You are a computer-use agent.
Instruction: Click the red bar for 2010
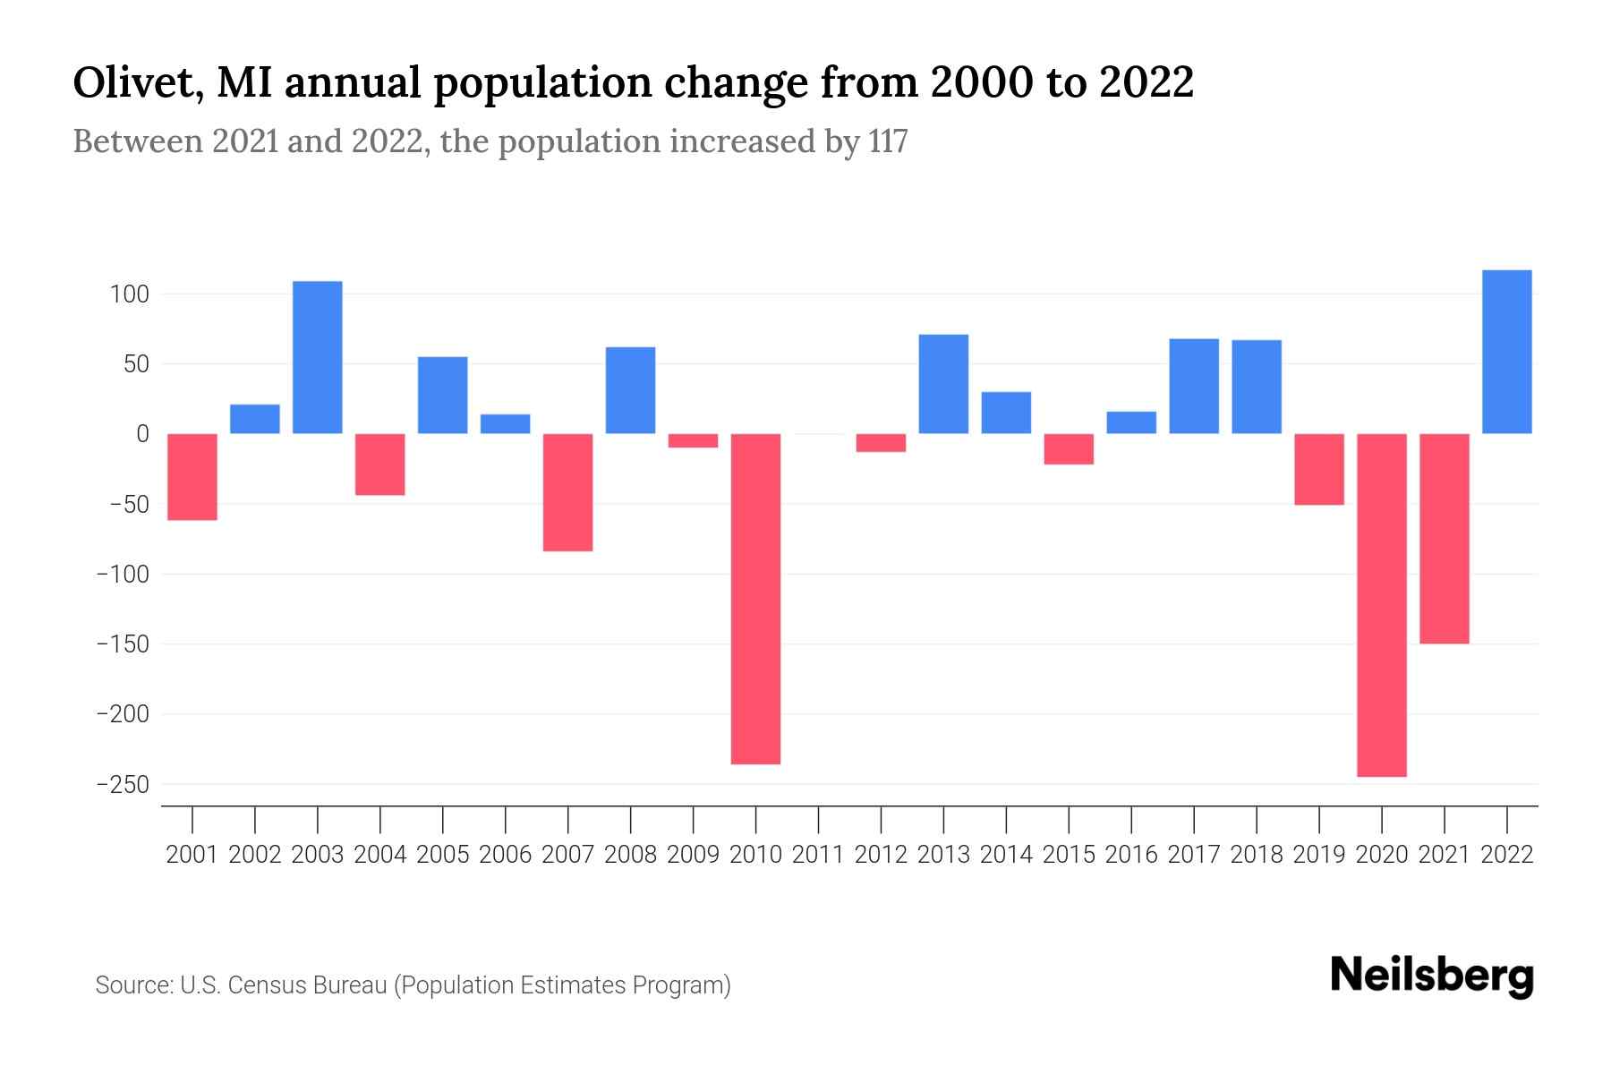tap(755, 598)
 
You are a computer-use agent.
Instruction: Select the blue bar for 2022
tap(1506, 352)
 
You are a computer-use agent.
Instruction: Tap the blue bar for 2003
tap(318, 357)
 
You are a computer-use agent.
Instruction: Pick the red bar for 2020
tap(1381, 604)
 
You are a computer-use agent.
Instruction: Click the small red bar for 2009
tap(693, 440)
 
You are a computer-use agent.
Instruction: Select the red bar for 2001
tap(192, 476)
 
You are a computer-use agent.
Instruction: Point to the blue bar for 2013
tap(943, 384)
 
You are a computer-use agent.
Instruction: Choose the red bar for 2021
tap(1444, 538)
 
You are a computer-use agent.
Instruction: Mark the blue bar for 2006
tap(506, 424)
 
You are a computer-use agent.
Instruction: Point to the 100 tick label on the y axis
tap(130, 294)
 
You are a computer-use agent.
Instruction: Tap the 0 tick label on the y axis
tap(142, 434)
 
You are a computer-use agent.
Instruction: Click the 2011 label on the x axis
tap(818, 855)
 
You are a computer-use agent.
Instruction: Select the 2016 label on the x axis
tap(1131, 855)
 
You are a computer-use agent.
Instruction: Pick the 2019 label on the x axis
tap(1318, 855)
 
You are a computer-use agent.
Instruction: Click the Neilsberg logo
tap(1431, 976)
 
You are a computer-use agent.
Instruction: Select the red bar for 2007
tap(568, 492)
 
